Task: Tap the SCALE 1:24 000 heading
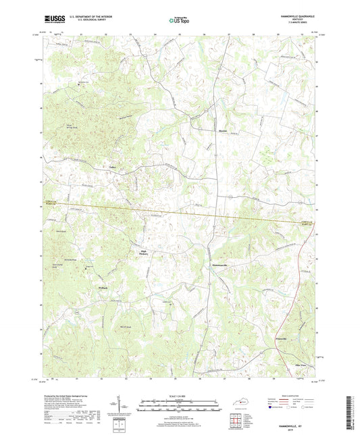pos(179,396)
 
